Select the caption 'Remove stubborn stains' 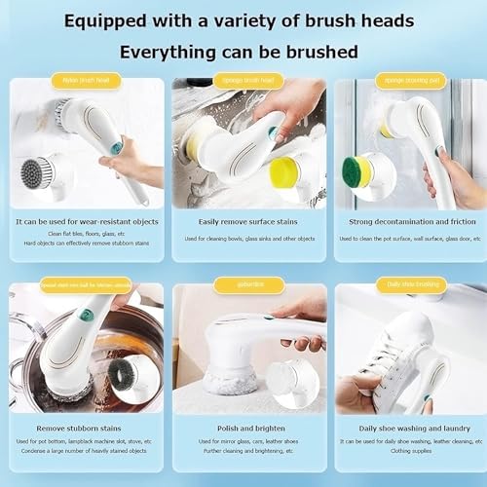click(85, 427)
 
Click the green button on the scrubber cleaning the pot click(85, 315)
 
